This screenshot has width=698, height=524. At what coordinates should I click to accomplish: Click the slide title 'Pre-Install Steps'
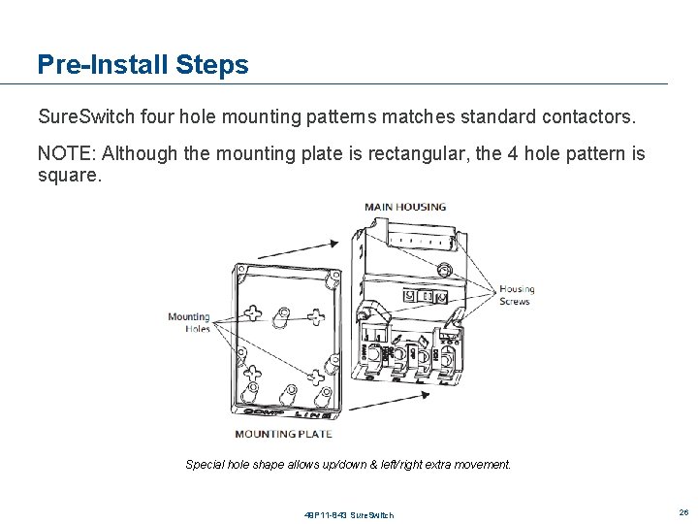[143, 65]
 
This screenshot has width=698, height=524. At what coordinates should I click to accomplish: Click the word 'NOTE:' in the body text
[67, 153]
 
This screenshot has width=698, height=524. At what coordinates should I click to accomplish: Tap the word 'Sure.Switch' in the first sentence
[86, 117]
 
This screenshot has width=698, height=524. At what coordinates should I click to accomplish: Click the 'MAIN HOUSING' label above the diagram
[405, 207]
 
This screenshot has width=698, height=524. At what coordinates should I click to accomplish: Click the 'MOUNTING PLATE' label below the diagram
[283, 434]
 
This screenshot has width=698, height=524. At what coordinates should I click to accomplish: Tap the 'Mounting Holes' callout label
[189, 322]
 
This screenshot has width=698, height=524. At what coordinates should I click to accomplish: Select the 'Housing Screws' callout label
[516, 295]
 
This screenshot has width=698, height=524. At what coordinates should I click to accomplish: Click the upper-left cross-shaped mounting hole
[254, 312]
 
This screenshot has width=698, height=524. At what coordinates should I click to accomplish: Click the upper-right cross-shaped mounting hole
[316, 316]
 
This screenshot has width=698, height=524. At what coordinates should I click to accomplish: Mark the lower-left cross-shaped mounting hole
[251, 373]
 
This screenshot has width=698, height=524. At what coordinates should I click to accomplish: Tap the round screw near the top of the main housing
[444, 270]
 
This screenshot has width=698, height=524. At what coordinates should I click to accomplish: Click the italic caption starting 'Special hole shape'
[348, 465]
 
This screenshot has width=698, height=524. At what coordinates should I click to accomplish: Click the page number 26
[682, 511]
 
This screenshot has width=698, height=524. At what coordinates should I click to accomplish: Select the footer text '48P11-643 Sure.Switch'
[348, 514]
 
